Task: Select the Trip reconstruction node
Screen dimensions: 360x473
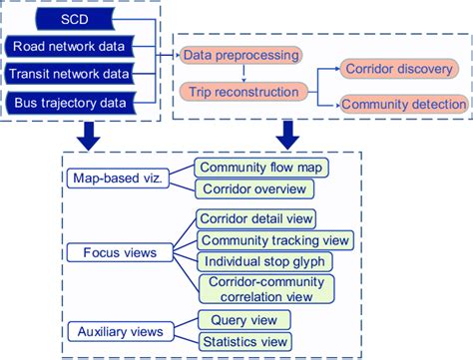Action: point(240,92)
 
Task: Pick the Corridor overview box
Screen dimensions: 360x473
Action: point(253,188)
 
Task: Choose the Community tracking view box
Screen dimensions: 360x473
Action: point(274,240)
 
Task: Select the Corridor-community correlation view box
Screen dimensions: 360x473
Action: point(270,289)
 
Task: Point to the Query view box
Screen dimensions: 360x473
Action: point(244,320)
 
